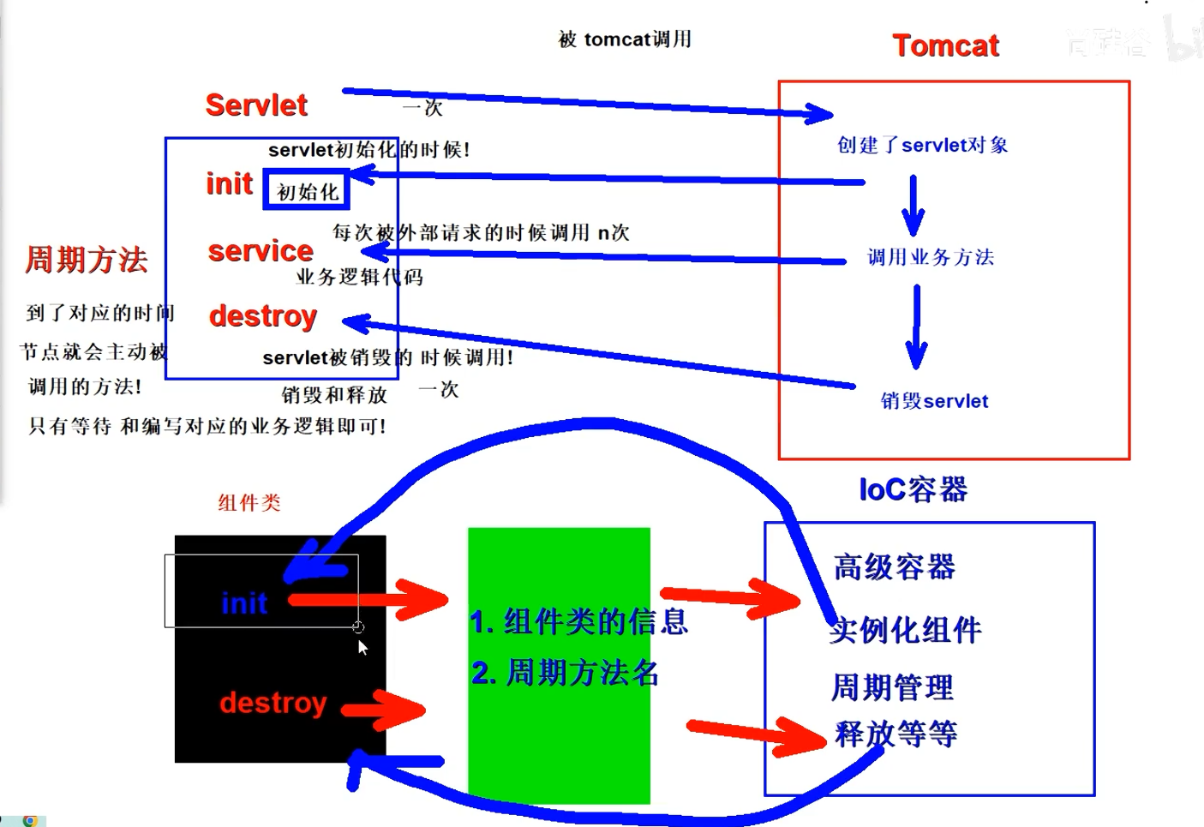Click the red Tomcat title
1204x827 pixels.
tap(945, 45)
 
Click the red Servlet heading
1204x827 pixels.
tap(256, 105)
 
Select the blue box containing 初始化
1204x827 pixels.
tap(307, 191)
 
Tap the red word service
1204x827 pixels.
tap(261, 251)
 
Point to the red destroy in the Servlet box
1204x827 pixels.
tap(263, 316)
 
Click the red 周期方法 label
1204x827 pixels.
tap(86, 259)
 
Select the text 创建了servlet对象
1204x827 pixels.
tap(922, 145)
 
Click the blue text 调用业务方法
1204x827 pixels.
tap(931, 257)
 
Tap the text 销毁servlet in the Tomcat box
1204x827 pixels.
tap(934, 401)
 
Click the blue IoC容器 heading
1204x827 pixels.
tap(913, 489)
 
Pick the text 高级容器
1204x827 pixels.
tap(894, 566)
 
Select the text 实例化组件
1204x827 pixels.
tap(906, 630)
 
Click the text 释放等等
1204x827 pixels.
tap(896, 734)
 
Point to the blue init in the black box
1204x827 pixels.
tap(244, 603)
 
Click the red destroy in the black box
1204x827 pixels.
tap(273, 703)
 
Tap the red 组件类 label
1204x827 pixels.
tap(249, 503)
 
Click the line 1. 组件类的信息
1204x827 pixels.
tap(578, 621)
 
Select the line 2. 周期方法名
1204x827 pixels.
tap(566, 673)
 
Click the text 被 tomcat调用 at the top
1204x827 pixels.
tap(625, 39)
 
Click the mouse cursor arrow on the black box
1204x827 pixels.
tap(362, 647)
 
